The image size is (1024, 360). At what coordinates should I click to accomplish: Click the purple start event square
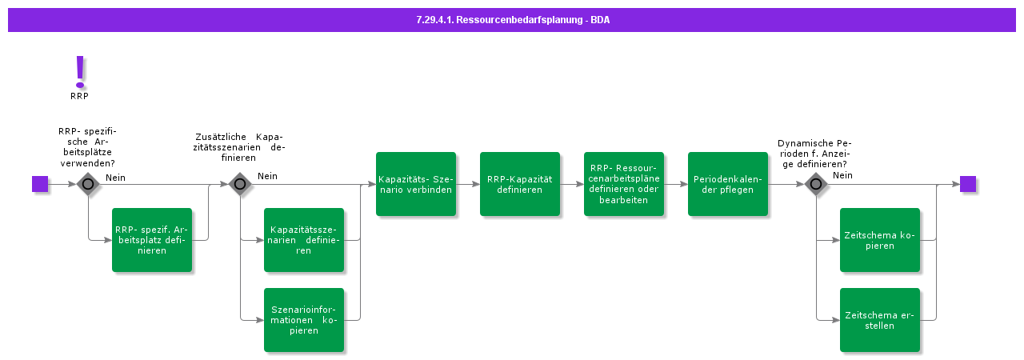40,184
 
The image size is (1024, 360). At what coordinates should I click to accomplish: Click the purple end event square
968,184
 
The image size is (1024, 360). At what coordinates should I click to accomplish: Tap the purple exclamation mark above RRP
79,72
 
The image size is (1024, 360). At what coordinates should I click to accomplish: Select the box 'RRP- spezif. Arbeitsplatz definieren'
152,240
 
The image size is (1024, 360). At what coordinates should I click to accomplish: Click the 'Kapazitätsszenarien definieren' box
304,240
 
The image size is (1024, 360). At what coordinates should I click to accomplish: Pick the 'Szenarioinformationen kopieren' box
304,320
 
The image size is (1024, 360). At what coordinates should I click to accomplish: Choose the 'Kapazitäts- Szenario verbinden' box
416,184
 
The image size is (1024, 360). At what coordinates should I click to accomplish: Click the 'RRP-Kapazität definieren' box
520,184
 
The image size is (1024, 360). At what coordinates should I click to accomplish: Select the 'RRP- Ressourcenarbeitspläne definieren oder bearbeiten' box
624,184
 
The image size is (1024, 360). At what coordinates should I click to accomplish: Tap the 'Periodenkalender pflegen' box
728,184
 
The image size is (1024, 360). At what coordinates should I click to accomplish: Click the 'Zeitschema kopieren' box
880,240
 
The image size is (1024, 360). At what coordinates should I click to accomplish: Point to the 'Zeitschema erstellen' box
880,320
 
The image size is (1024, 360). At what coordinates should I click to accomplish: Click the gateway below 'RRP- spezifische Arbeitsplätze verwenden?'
88,184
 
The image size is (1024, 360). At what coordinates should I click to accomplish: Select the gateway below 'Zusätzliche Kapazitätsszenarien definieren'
240,184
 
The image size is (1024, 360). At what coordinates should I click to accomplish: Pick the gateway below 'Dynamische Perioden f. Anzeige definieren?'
816,184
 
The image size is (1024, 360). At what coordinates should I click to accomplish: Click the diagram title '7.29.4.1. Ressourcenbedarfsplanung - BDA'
512,20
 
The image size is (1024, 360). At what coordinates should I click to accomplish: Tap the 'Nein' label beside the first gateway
115,178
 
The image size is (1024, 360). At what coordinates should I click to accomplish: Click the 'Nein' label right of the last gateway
842,175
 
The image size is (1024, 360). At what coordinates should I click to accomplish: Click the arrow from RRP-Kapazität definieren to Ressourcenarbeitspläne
572,184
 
